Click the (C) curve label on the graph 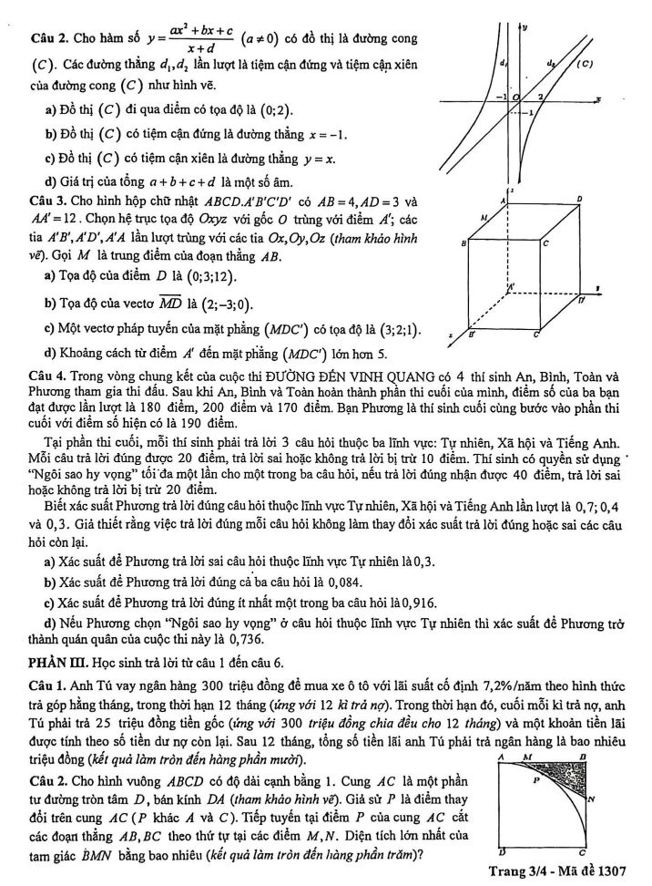pos(586,65)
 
